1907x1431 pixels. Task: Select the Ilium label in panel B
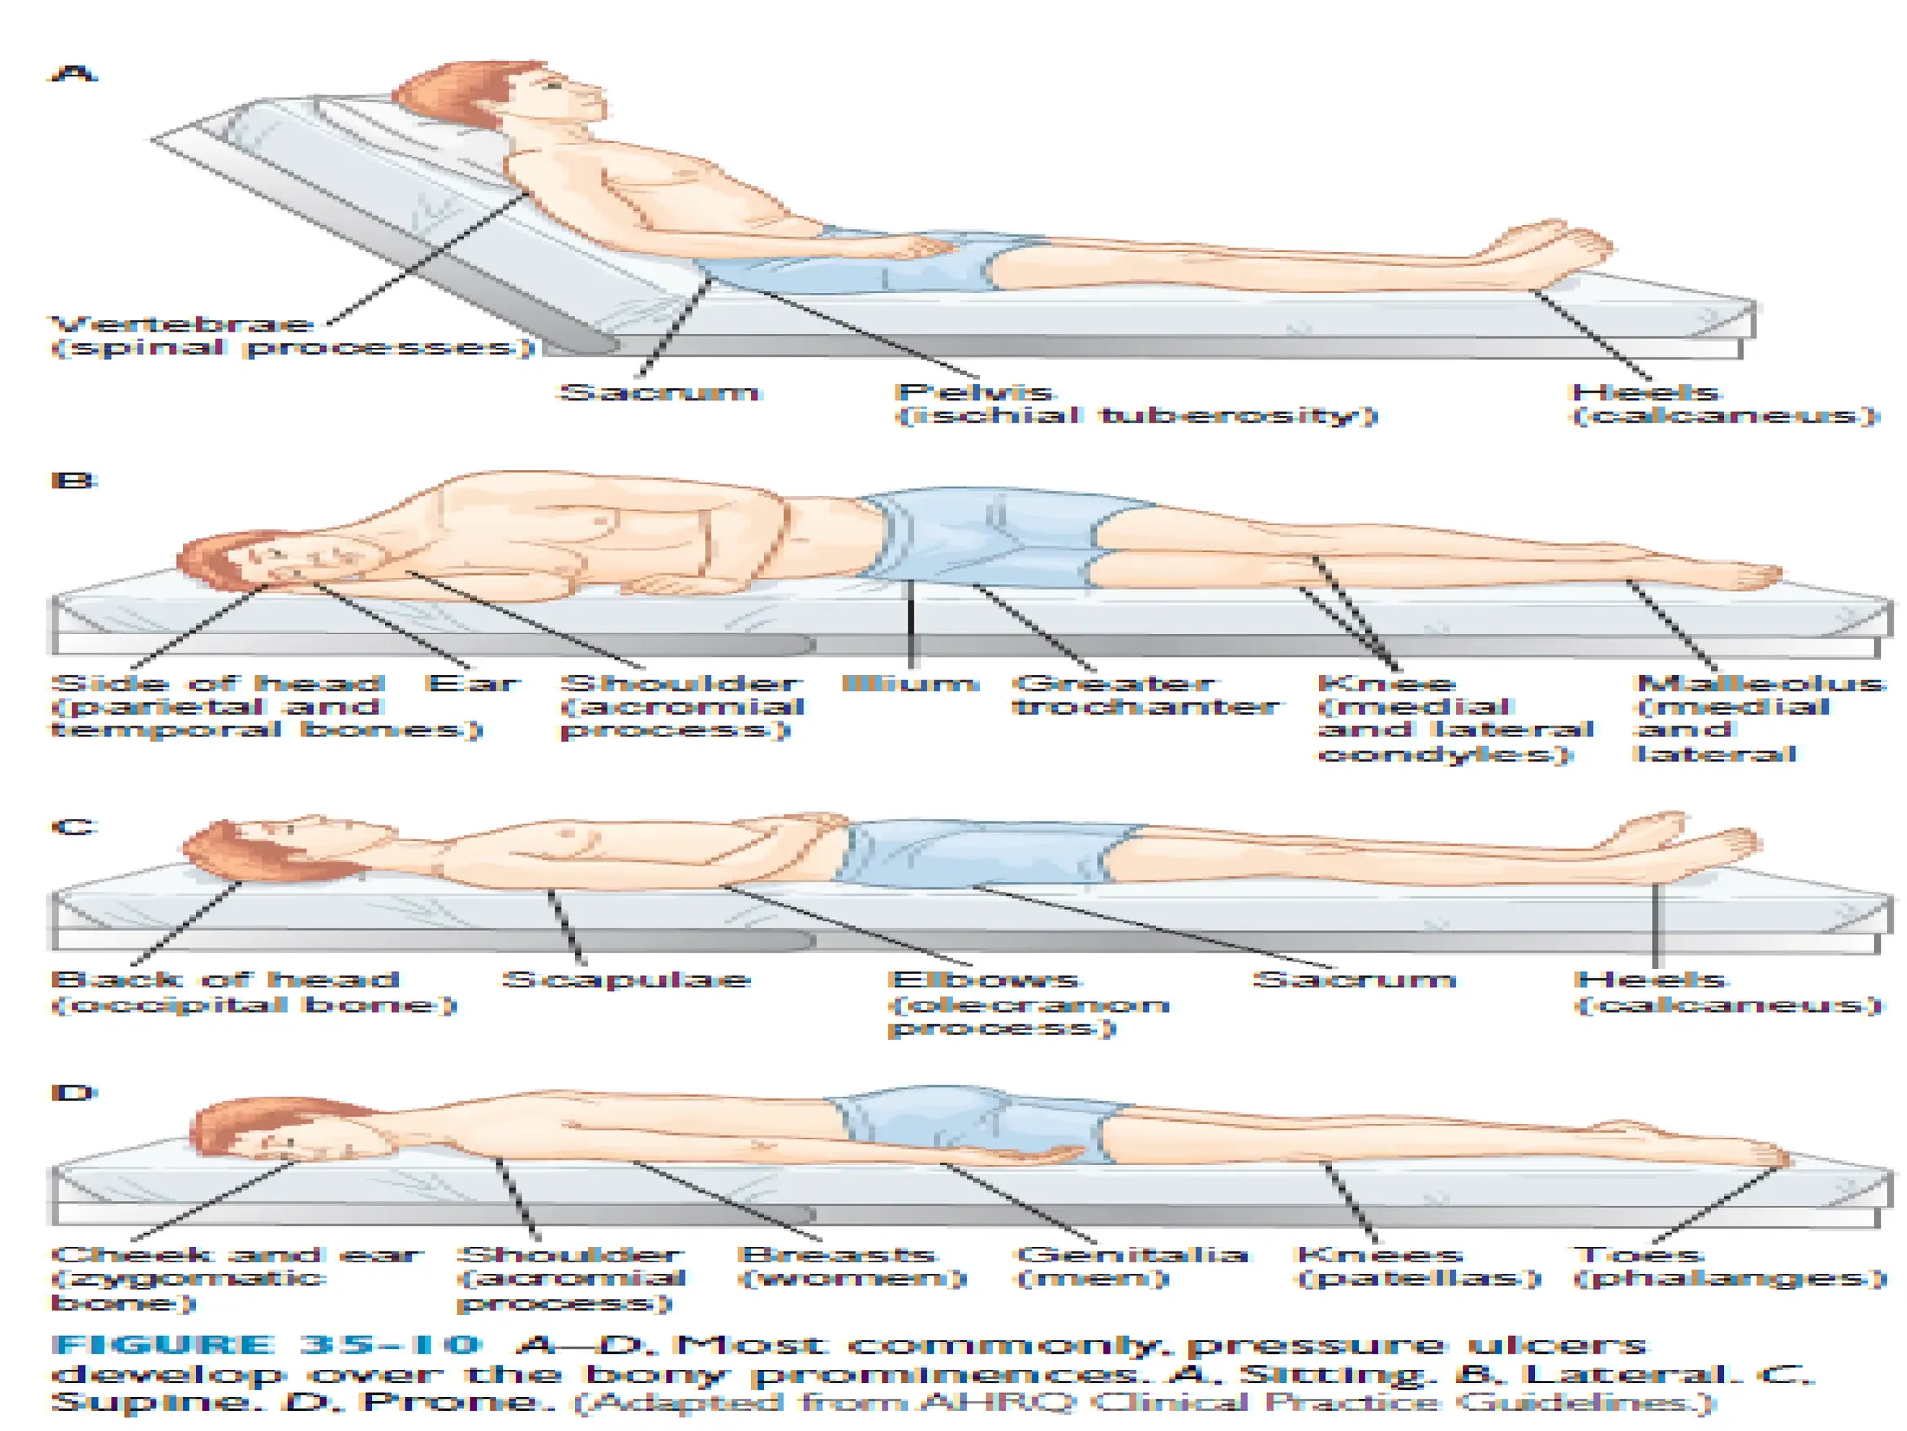[909, 684]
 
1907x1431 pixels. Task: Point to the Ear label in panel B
[473, 684]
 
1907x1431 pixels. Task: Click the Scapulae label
[626, 980]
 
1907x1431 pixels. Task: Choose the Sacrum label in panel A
[659, 392]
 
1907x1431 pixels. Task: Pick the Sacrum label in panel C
[1354, 980]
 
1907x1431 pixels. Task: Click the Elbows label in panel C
[985, 980]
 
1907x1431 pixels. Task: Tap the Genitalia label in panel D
[1130, 1256]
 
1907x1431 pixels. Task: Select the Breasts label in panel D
[836, 1256]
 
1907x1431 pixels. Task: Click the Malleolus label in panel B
[1760, 684]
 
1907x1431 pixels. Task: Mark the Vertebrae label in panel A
[183, 324]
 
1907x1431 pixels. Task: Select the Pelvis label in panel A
[974, 392]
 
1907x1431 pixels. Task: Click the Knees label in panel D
[1380, 1256]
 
